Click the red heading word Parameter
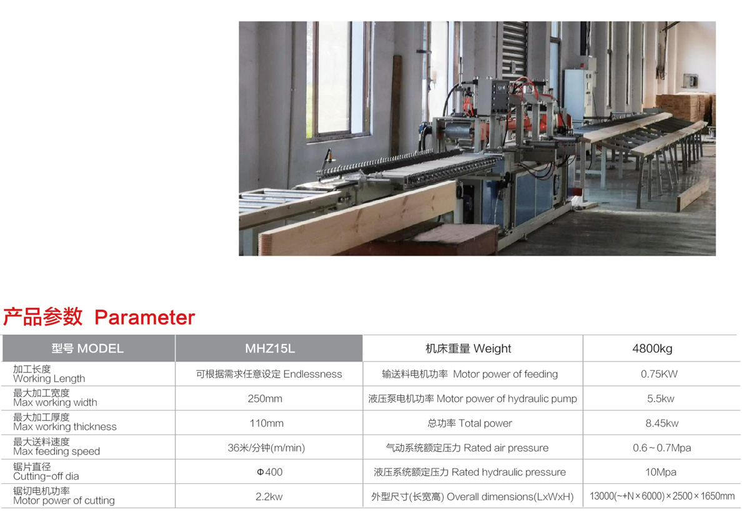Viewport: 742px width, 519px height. click(145, 318)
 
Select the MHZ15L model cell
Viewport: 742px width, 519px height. click(270, 349)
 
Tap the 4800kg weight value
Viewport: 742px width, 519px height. click(652, 349)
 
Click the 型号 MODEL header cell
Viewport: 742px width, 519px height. click(87, 349)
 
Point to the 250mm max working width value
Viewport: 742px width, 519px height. click(265, 398)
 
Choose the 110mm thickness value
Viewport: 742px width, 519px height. click(267, 423)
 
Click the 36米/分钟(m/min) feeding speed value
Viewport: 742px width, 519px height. click(267, 448)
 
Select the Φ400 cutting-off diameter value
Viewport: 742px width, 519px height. click(270, 472)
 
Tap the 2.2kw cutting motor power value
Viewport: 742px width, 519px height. click(269, 496)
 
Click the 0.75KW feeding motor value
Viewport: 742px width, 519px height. click(659, 374)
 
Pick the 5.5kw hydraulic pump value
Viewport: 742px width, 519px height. click(661, 398)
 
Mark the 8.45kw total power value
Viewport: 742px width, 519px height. click(662, 423)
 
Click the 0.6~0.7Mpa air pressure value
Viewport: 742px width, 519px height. click(661, 448)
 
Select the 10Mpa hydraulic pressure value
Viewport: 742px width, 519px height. click(661, 472)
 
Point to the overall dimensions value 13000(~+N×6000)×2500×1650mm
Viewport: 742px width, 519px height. click(662, 496)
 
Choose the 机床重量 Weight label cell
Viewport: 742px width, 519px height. click(468, 349)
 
